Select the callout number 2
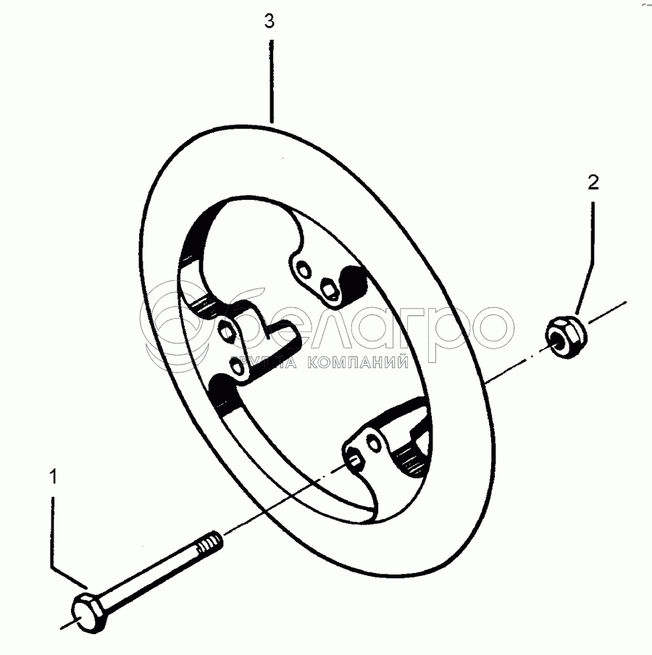[x=593, y=183]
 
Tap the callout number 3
[x=269, y=22]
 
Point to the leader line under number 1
[x=52, y=529]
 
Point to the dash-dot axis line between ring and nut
[x=507, y=367]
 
